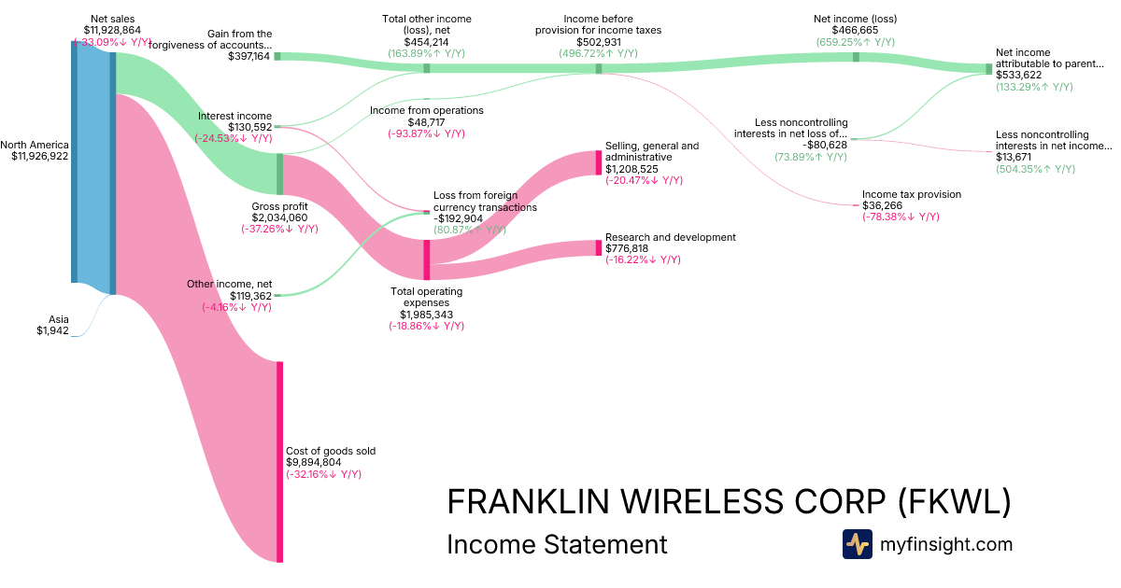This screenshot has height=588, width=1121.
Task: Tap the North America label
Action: point(35,145)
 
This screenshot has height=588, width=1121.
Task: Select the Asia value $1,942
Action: point(52,330)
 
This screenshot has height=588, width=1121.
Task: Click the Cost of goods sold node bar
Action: point(279,461)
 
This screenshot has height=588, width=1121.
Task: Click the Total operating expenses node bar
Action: point(427,259)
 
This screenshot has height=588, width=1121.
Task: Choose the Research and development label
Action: point(670,237)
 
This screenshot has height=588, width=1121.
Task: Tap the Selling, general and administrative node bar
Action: point(598,162)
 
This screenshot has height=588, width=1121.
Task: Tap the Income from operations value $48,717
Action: point(426,122)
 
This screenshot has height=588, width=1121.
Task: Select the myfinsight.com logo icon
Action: point(857,544)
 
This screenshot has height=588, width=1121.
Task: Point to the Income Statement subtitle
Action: point(557,544)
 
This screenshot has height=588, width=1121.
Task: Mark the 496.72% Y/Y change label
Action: point(599,53)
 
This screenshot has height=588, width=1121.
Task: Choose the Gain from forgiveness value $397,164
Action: point(248,56)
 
